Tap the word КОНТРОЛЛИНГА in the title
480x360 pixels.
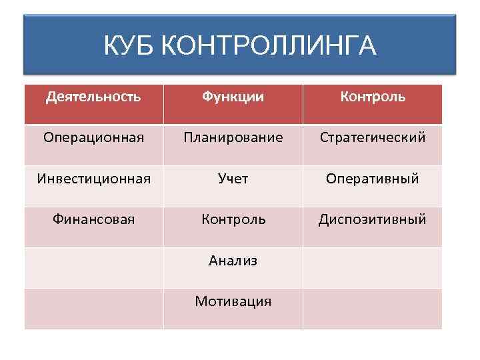[x=269, y=46]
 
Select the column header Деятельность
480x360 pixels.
[x=93, y=97]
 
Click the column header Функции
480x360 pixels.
[x=233, y=97]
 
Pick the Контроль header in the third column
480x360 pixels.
[x=373, y=97]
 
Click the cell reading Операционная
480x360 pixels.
[x=93, y=138]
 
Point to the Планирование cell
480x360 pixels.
[x=233, y=138]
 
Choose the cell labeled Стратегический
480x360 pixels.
[x=373, y=138]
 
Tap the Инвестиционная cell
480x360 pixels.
[x=93, y=179]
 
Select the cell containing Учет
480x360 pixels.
[x=233, y=179]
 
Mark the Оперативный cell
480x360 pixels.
[x=373, y=179]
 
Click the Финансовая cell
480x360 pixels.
[x=93, y=219]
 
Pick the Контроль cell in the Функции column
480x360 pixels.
[x=233, y=219]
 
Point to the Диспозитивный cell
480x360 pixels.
[x=373, y=219]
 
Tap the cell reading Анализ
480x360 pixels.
[x=233, y=261]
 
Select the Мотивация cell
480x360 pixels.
[x=233, y=301]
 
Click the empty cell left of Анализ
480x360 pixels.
[x=93, y=267]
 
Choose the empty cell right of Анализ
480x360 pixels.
[x=373, y=267]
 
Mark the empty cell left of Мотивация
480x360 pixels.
[x=93, y=309]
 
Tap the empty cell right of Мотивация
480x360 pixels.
[x=373, y=309]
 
